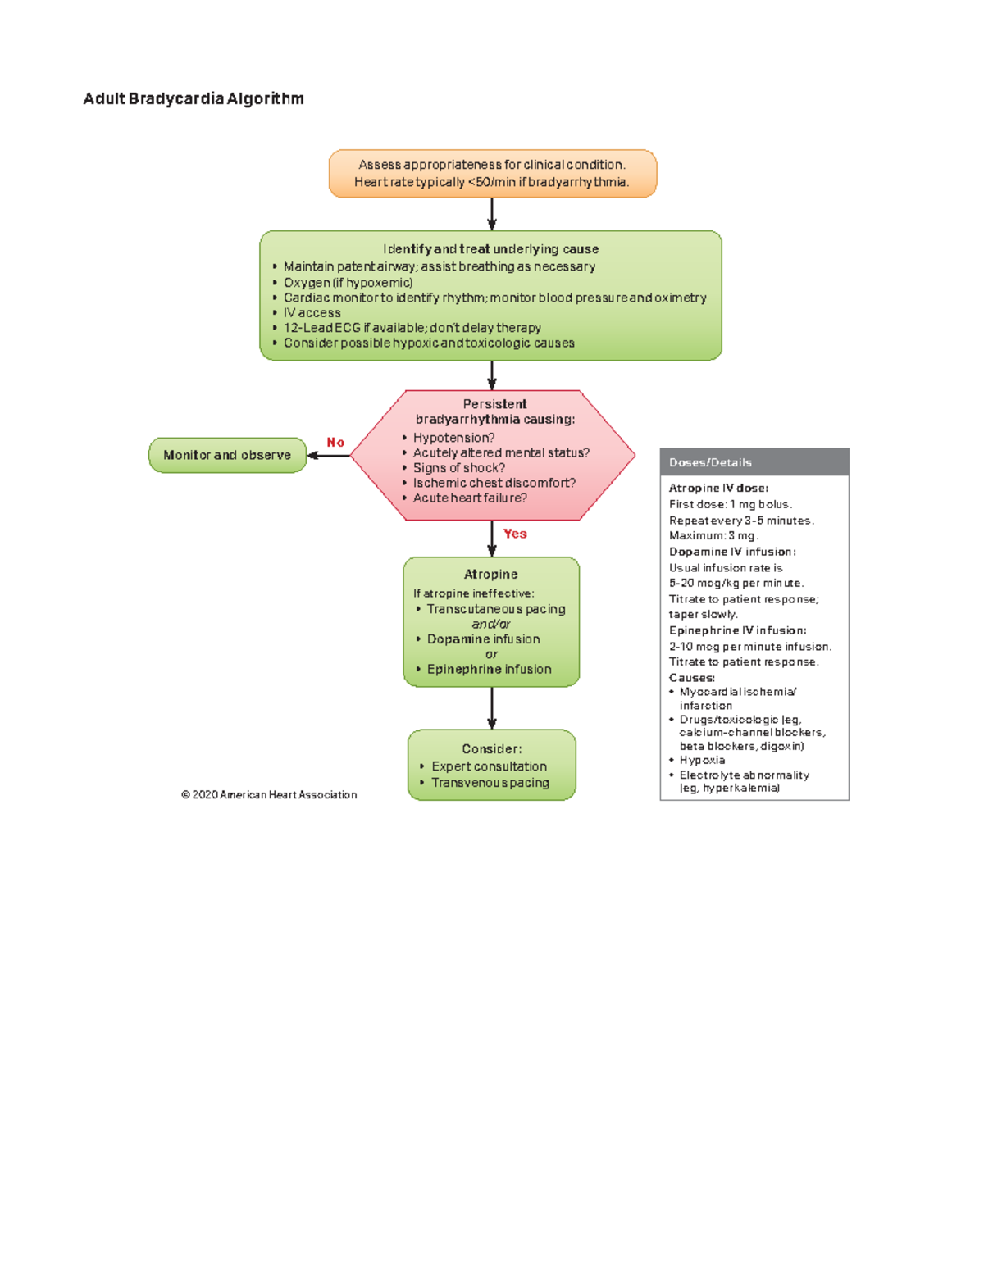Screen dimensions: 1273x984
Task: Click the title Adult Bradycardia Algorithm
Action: [x=194, y=99]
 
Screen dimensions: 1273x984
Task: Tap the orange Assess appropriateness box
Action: [x=492, y=174]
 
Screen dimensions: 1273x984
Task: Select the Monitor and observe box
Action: [x=227, y=455]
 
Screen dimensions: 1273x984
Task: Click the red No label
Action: [x=335, y=443]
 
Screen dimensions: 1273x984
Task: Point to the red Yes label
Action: [x=515, y=534]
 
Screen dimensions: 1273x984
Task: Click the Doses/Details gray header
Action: [x=754, y=462]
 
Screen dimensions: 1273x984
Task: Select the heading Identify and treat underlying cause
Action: [x=490, y=249]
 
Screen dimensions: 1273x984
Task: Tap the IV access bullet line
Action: [x=312, y=313]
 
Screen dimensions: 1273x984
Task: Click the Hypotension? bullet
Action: [x=453, y=438]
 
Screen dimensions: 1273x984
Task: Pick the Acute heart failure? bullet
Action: [x=469, y=498]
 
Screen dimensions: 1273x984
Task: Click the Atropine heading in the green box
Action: [x=490, y=575]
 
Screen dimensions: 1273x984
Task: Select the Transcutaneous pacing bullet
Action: [x=495, y=609]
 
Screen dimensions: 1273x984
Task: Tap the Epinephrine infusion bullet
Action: [x=489, y=670]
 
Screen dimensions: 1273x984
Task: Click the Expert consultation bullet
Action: [x=489, y=766]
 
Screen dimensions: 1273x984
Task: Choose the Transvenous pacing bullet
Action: [x=490, y=783]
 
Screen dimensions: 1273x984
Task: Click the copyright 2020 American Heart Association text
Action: [x=269, y=795]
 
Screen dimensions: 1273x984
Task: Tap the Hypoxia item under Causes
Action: [x=702, y=760]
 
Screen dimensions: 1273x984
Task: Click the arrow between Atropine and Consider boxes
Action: [x=492, y=708]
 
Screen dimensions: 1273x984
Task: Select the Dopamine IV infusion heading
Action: [x=732, y=552]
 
